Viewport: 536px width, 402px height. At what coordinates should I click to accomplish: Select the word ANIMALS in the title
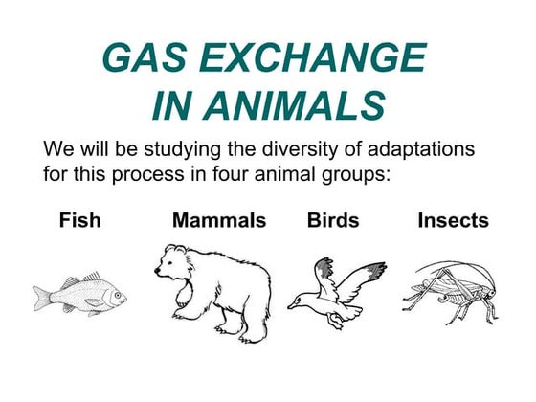click(292, 105)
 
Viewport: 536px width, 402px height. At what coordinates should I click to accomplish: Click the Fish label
click(79, 221)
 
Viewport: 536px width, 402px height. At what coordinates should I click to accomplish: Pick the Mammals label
click(219, 221)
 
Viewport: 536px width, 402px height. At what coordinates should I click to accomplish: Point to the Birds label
click(333, 221)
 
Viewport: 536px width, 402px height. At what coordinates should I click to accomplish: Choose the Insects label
click(453, 221)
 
